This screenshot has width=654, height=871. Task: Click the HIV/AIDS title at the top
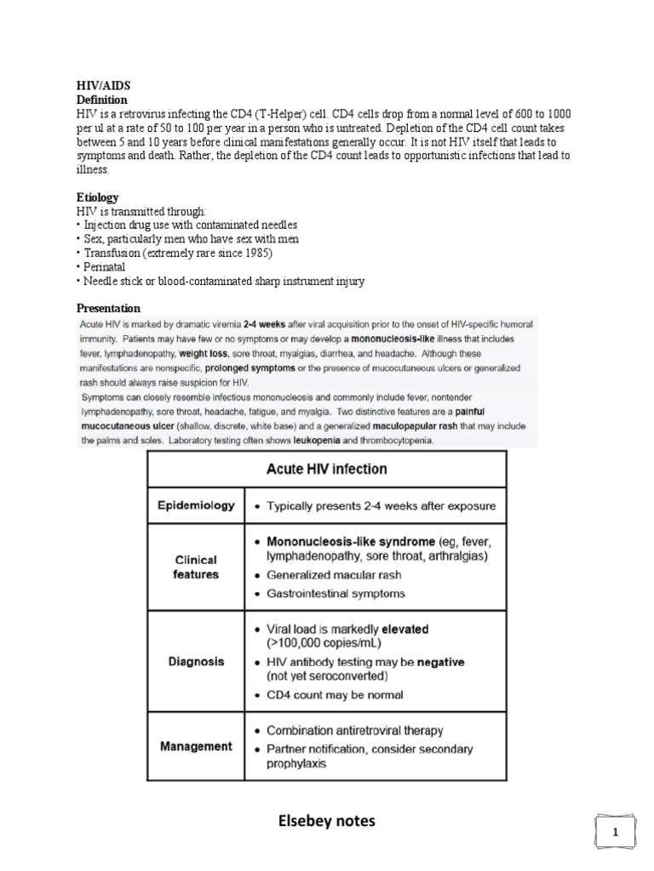(x=104, y=86)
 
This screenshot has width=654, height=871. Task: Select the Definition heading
(x=102, y=100)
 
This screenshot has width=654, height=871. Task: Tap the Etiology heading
(x=98, y=196)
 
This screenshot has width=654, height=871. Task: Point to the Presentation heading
(x=108, y=308)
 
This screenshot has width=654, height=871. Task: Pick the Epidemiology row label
(x=196, y=505)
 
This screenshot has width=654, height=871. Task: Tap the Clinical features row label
(x=196, y=566)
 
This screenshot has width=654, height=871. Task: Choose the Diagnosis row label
(x=196, y=661)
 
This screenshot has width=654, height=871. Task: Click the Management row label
(x=196, y=746)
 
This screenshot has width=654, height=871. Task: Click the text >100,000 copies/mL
(x=320, y=644)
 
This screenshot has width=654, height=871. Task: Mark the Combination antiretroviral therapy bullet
(x=355, y=731)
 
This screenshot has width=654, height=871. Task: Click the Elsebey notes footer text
(x=327, y=821)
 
